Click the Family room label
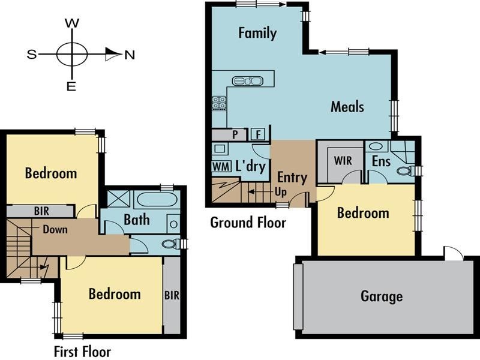[257, 32]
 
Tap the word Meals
[347, 107]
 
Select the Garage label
[382, 296]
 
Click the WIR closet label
[343, 161]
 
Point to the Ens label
[381, 161]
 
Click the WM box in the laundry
[219, 166]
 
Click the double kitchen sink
[247, 80]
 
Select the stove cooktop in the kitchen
[219, 104]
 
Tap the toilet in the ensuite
[406, 170]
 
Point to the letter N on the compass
[130, 55]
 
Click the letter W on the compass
[72, 23]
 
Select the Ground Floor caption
[248, 223]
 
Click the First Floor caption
[82, 351]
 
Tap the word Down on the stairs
[55, 229]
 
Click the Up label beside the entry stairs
[280, 191]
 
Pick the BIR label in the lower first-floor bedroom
[172, 295]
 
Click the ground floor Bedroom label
[363, 213]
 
